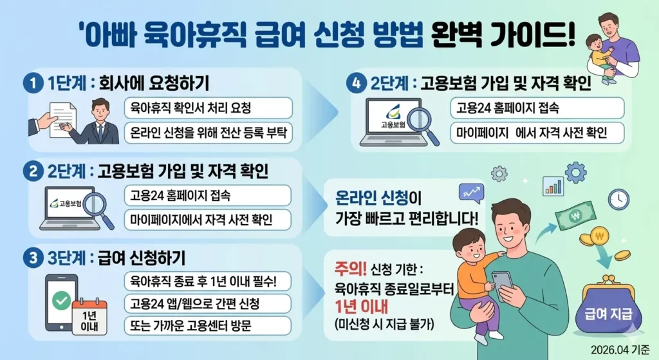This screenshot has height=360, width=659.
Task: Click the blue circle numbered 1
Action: pyautogui.click(x=30, y=84)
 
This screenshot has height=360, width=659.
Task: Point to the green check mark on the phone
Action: pyautogui.click(x=62, y=301)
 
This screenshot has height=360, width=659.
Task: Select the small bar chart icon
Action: pyautogui.click(x=553, y=185)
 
